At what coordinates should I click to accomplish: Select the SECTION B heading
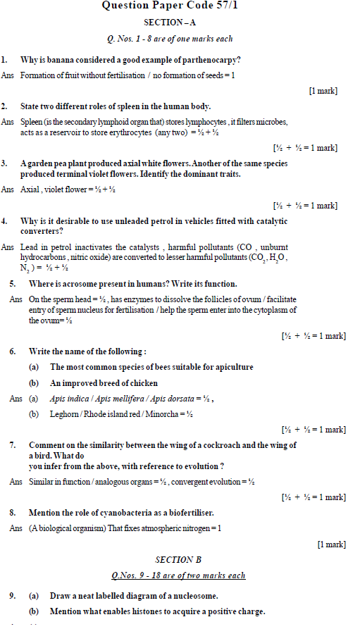[178, 560]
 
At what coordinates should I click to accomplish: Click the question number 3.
[4, 163]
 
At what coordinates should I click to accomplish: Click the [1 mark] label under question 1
[323, 91]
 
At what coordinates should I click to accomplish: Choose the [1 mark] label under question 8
[331, 544]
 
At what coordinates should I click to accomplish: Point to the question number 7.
[13, 445]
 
